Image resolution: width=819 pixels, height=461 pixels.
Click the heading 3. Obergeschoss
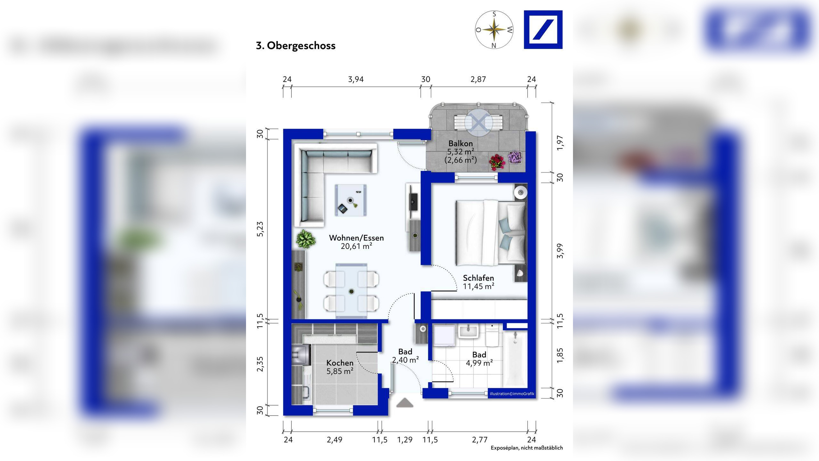[x=296, y=45]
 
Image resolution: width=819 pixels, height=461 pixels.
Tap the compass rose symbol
[x=494, y=30]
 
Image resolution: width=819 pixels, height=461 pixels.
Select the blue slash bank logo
[x=543, y=29]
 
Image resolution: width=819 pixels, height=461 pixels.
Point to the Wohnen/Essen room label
[x=356, y=238]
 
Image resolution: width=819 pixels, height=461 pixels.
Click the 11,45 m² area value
[x=479, y=286]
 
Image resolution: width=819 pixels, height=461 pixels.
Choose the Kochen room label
[x=340, y=363]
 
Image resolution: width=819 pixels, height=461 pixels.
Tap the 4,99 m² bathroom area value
[x=479, y=363]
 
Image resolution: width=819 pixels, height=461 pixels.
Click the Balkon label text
[x=460, y=143]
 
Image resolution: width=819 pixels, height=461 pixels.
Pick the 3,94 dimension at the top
[x=356, y=79]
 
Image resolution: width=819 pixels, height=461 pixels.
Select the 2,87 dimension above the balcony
[x=478, y=79]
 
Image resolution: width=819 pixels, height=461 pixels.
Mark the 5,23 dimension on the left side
[x=260, y=229]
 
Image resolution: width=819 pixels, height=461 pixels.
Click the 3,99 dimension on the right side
[x=560, y=251]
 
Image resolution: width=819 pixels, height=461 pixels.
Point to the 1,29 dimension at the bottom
[x=405, y=440]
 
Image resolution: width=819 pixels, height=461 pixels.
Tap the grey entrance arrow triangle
[x=405, y=403]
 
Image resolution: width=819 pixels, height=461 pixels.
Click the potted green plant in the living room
[x=306, y=239]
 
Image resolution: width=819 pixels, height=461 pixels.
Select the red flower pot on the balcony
[x=497, y=162]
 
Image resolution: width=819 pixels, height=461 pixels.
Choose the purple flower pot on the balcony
[x=515, y=158]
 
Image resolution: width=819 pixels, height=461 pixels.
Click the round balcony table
[x=479, y=122]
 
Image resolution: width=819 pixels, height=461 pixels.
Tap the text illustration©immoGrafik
[x=512, y=394]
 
